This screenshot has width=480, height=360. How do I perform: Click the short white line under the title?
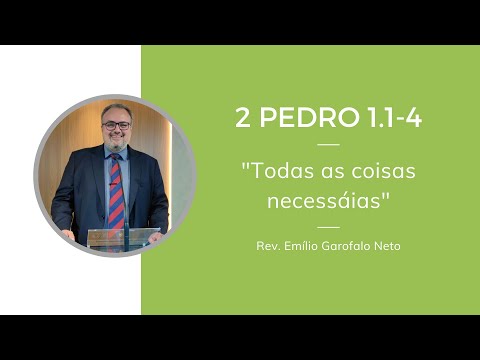[328, 145]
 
